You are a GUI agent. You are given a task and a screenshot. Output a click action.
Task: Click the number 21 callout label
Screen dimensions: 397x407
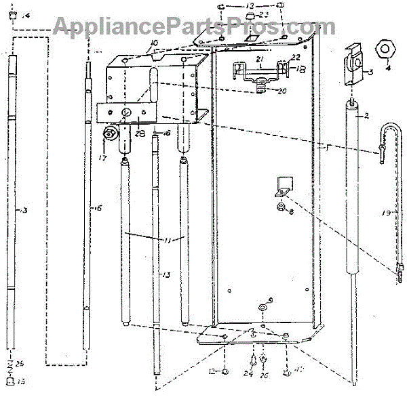click(258, 60)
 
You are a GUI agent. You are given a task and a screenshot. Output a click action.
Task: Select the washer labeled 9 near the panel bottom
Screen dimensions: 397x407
click(263, 309)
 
